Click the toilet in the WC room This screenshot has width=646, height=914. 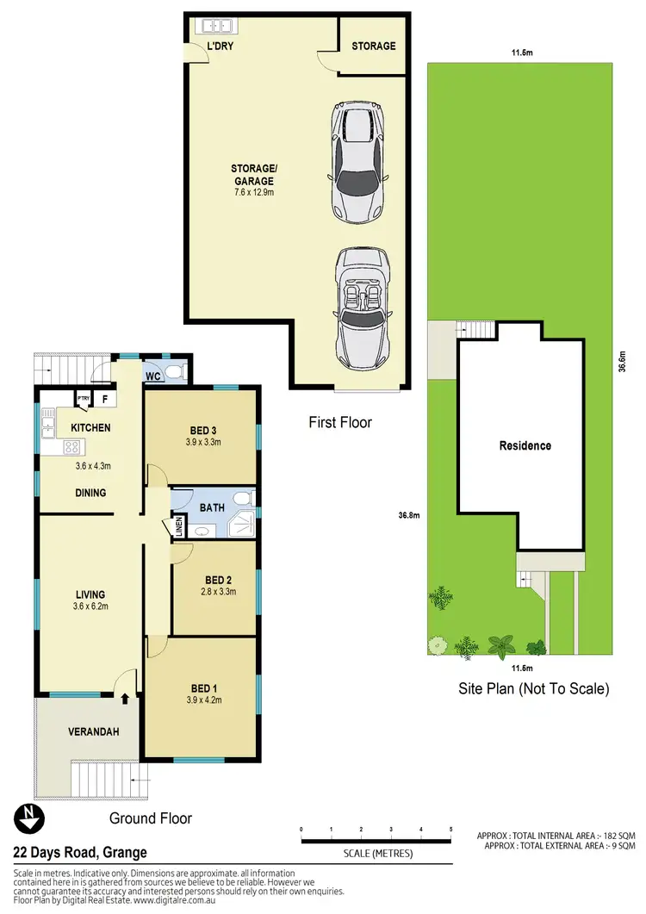pyautogui.click(x=176, y=373)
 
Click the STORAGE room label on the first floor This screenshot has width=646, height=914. pyautogui.click(x=373, y=45)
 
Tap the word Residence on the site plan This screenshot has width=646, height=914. pyautogui.click(x=525, y=445)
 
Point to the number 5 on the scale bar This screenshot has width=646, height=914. pyautogui.click(x=450, y=829)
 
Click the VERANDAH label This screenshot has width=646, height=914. pyautogui.click(x=93, y=732)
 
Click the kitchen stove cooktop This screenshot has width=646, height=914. pyautogui.click(x=71, y=448)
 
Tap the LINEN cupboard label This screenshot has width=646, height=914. pyautogui.click(x=179, y=525)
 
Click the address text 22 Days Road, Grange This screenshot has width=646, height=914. pyautogui.click(x=79, y=853)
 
